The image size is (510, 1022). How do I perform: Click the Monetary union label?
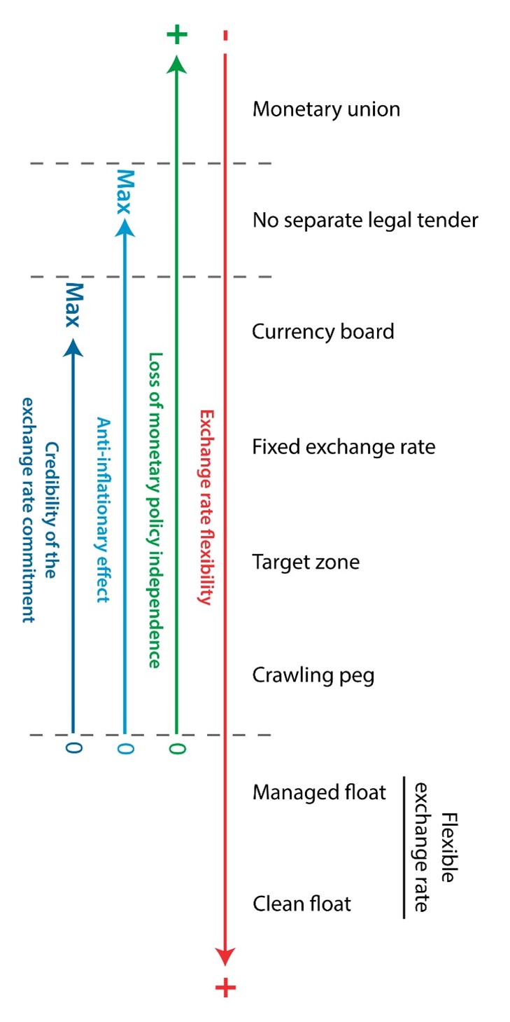[326, 110]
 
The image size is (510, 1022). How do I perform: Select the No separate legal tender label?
[365, 221]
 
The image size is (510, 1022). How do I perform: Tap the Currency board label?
[323, 331]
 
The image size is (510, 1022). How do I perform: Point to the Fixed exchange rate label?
[343, 446]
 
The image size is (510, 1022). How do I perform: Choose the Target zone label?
[306, 562]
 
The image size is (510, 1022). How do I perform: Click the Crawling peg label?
[313, 676]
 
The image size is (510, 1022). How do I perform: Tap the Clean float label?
[302, 904]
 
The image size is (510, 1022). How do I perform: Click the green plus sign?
[178, 34]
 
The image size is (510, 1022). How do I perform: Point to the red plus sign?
[225, 988]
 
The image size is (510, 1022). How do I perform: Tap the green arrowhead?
[177, 64]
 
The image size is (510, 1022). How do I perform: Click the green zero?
[177, 748]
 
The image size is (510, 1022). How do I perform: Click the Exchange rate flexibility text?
[206, 506]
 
